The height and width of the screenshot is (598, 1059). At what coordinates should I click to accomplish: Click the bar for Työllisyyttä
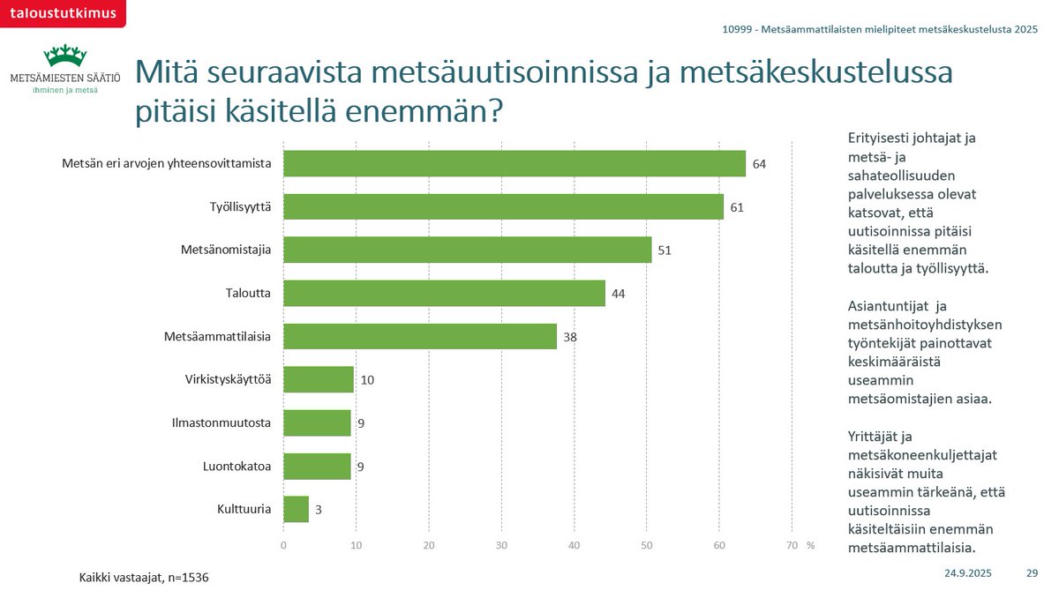[x=503, y=206]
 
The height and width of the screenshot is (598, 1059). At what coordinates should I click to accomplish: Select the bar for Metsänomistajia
[x=467, y=250]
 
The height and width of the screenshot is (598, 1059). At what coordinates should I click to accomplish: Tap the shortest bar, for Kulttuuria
[x=296, y=509]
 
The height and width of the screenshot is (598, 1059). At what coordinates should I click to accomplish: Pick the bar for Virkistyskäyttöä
[x=318, y=379]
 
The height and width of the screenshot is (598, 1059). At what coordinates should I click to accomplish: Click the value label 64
[x=759, y=164]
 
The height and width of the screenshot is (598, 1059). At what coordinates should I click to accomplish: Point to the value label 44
[x=619, y=293]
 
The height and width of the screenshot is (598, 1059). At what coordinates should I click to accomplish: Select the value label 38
[x=570, y=337]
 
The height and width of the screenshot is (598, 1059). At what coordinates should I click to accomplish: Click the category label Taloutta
[x=248, y=293]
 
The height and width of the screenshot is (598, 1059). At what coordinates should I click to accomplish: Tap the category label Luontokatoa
[x=237, y=466]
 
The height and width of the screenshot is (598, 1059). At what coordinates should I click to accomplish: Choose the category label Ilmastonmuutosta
[x=222, y=422]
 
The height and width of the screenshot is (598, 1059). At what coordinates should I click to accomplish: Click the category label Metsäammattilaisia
[x=217, y=336]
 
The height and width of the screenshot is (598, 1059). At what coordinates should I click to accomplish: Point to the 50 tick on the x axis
[x=646, y=546]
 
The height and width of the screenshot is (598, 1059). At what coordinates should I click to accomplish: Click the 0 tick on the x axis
[x=283, y=546]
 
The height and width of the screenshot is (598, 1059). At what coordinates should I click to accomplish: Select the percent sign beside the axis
[x=810, y=546]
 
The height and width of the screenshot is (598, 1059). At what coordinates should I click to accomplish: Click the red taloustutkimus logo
[x=62, y=11]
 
